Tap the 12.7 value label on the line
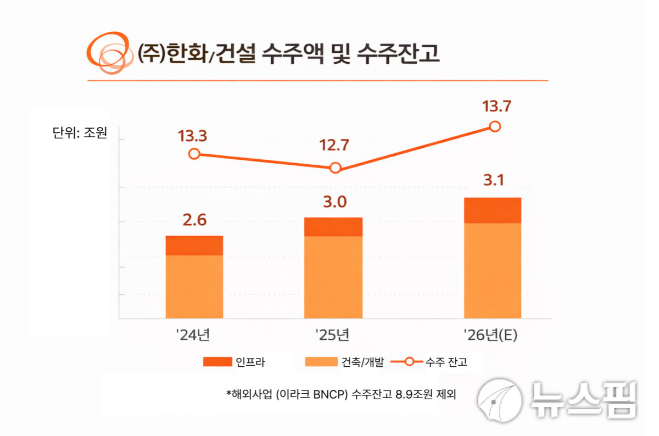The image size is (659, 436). coord(335,147)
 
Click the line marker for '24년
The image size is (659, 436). coord(194,154)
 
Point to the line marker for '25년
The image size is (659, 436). coord(336,168)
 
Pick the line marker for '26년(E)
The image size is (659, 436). coord(495,126)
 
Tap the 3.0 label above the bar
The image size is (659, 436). coord(333,202)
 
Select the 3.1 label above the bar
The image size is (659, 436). coord(493,181)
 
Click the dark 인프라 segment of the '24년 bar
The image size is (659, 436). coord(194,245)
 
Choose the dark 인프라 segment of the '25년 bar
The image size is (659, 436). coord(333,227)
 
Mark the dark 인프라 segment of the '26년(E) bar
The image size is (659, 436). coord(493,210)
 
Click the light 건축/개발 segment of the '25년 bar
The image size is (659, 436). coord(333,277)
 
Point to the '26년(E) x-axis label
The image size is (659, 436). coord(490,334)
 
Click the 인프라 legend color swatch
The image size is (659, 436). coord(217,361)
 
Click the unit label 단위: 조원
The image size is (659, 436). coord(80,133)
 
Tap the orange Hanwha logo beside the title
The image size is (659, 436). coord(110,53)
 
